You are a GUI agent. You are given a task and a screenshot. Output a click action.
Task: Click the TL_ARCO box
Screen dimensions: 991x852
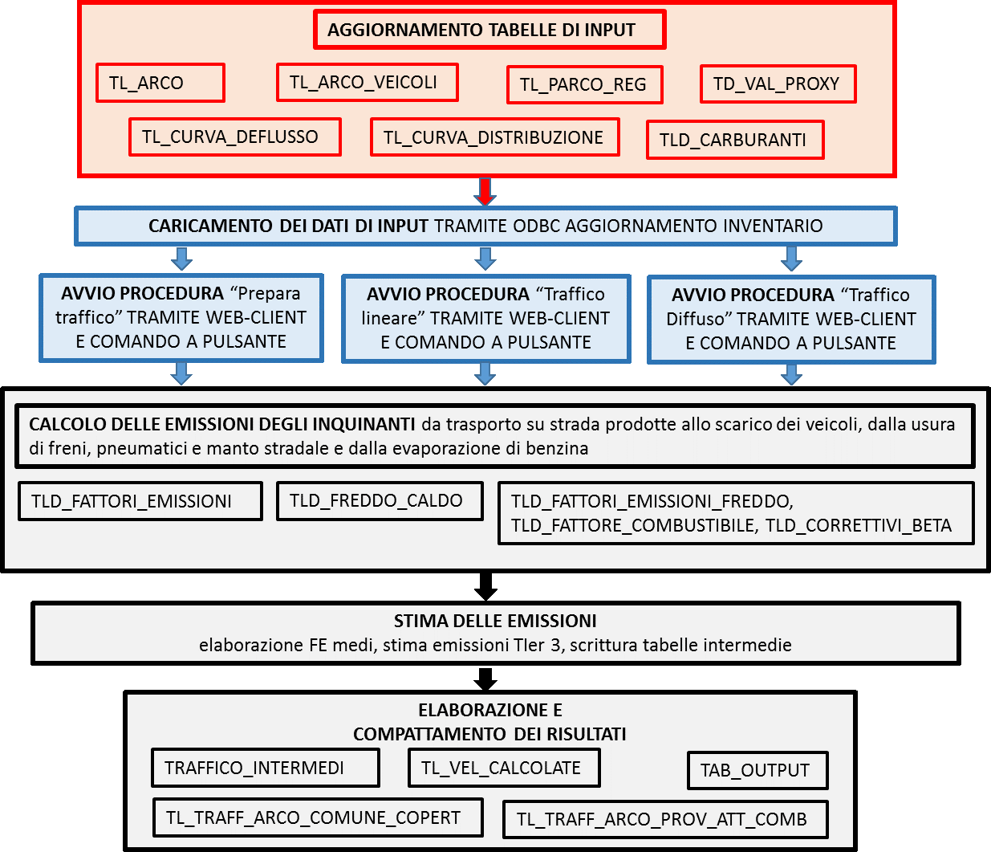(x=160, y=83)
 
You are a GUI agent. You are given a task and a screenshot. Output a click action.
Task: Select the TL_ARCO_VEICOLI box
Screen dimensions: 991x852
(x=368, y=83)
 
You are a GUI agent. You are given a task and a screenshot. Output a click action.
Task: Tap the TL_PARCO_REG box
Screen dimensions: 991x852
(x=585, y=85)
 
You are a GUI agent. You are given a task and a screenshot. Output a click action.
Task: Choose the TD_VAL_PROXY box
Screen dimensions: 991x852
(x=778, y=84)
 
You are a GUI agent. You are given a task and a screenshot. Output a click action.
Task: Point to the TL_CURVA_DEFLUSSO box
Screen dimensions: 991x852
(x=235, y=137)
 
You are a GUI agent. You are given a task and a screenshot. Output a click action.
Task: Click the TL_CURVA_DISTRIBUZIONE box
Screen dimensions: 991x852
(x=495, y=137)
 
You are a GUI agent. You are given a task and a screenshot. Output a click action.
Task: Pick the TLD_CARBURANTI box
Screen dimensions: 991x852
(x=735, y=140)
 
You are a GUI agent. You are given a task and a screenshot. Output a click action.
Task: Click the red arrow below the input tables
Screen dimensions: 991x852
(x=485, y=191)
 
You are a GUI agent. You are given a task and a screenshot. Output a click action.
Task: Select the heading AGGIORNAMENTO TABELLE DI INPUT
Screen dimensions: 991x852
(x=481, y=30)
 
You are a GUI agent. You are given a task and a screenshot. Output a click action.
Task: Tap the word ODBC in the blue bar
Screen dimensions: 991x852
(x=537, y=226)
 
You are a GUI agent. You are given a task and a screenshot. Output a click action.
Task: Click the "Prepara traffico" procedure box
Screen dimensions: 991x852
(x=181, y=318)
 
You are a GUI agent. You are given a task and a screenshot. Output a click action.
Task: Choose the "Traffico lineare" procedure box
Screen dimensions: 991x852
(x=485, y=319)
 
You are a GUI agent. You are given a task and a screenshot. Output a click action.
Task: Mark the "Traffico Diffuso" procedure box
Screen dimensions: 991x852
(x=791, y=320)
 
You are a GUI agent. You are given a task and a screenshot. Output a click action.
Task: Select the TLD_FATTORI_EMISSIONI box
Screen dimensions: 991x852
(x=140, y=501)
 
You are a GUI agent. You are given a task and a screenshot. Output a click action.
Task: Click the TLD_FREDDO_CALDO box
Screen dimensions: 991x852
(x=380, y=501)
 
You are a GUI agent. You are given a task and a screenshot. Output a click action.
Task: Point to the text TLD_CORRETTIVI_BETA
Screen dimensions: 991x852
(x=858, y=526)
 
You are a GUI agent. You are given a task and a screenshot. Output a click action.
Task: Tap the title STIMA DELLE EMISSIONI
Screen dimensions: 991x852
(x=495, y=622)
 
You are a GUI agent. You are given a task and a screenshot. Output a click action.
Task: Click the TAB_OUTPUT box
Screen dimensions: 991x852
(x=757, y=770)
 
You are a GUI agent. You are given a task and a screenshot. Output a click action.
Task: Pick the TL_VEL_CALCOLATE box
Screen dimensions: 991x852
(x=504, y=768)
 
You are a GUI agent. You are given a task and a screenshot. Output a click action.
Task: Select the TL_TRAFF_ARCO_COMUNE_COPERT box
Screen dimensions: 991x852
(x=318, y=817)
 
